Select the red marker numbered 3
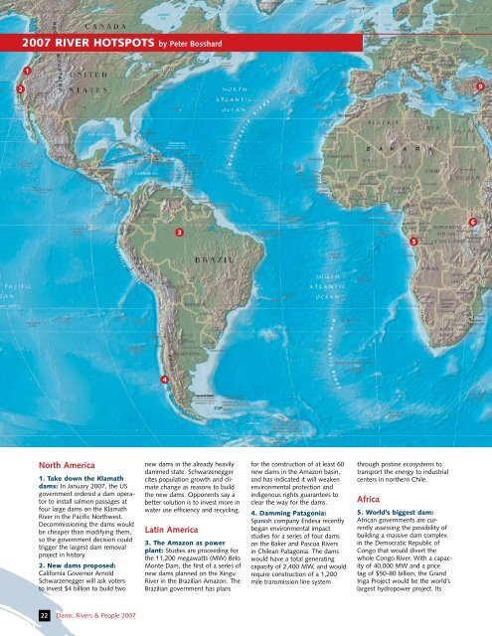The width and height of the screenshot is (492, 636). (x=178, y=232)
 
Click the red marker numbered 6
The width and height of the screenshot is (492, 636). (x=473, y=221)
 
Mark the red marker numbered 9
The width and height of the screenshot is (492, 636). (x=479, y=87)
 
